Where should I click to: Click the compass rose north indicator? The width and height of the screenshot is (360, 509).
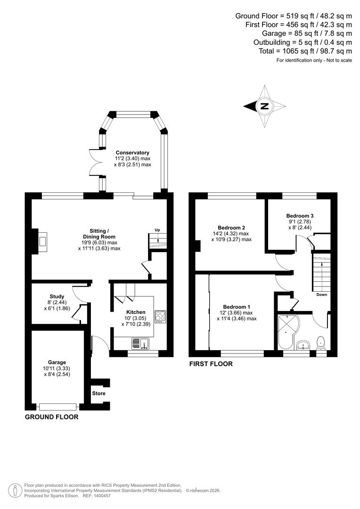point(264,106)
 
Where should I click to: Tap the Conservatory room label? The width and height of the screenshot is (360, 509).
point(132,153)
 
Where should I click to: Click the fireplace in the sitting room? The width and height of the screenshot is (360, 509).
point(42,242)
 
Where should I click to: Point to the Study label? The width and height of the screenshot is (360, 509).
point(57,297)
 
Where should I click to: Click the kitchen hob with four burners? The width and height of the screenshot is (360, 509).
point(160,316)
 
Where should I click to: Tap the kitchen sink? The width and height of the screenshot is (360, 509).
point(140,344)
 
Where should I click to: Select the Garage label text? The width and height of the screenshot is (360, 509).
point(57,362)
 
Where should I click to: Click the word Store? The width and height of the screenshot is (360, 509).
point(99,393)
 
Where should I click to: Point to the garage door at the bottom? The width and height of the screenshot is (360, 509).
point(57,406)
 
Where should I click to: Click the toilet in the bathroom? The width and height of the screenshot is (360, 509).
point(321,342)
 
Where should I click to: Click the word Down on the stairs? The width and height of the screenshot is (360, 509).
point(322,295)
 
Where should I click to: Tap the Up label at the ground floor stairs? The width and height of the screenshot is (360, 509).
point(157,230)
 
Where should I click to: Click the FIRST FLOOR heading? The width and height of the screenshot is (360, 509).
point(211,364)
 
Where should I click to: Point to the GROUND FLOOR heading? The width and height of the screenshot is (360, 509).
point(51,417)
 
